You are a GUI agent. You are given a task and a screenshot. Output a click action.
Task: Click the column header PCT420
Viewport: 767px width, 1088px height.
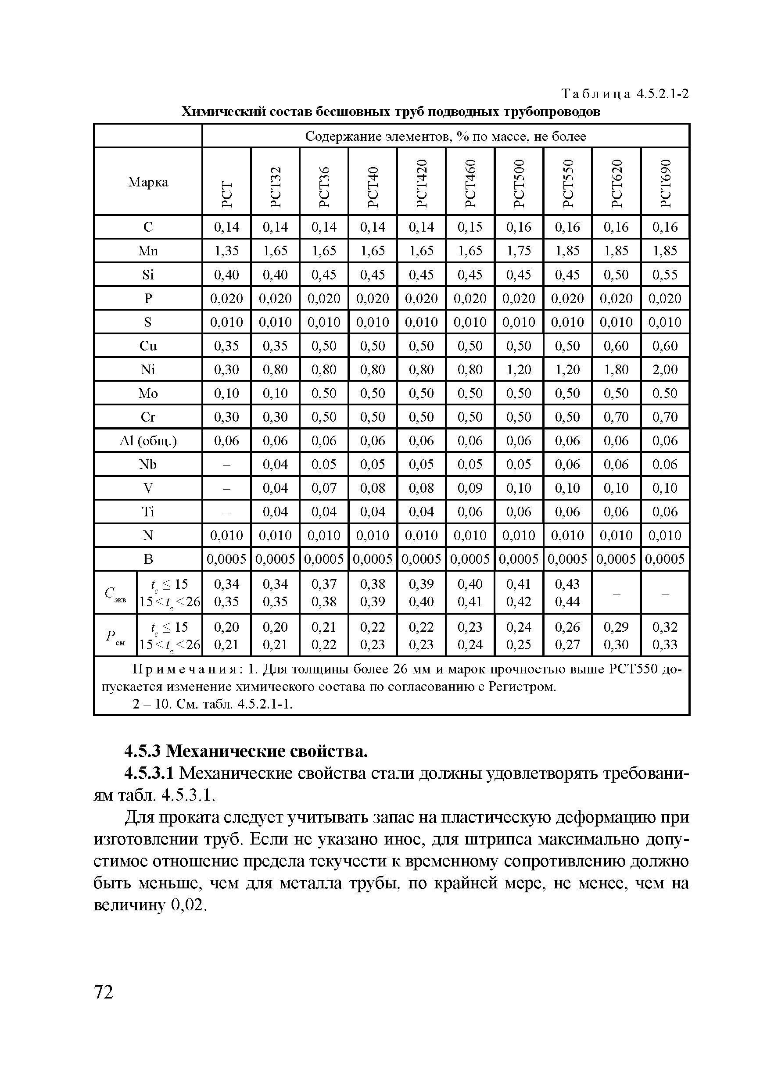coord(421,182)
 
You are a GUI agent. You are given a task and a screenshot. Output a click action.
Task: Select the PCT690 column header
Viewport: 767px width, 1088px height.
coord(665,182)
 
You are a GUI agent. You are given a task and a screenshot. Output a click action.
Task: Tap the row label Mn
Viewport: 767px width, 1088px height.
coord(148,251)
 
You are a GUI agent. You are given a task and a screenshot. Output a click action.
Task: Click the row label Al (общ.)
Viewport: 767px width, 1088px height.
coord(148,441)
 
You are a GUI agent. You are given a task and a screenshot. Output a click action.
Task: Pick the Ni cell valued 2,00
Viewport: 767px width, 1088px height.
coord(665,369)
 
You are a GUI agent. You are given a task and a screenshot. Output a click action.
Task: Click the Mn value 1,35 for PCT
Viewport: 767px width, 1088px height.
coord(226,251)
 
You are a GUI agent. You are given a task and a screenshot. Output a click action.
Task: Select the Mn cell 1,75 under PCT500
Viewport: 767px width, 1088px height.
coord(519,251)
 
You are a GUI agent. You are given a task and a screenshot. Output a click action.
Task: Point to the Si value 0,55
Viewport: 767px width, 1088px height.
coord(665,274)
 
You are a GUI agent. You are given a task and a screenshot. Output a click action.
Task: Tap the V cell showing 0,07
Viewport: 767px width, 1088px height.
coord(324,487)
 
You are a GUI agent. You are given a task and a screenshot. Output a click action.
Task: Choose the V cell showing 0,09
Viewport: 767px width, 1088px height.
coord(470,487)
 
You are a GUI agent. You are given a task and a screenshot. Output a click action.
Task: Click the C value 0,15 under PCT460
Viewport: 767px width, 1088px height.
coord(470,227)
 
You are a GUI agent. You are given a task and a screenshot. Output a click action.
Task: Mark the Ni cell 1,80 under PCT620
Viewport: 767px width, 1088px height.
coord(616,369)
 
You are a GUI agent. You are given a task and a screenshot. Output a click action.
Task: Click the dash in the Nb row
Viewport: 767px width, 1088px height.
coord(226,465)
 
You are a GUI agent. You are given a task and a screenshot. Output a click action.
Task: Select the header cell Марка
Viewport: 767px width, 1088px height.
coord(148,182)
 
